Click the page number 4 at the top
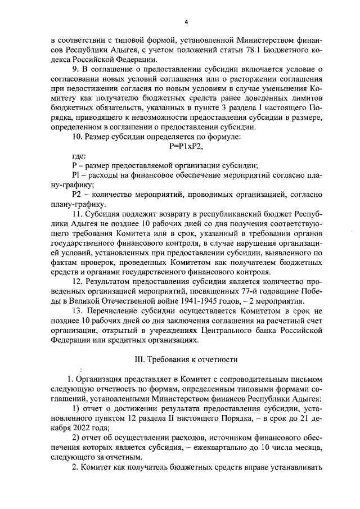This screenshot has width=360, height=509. (186, 22)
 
